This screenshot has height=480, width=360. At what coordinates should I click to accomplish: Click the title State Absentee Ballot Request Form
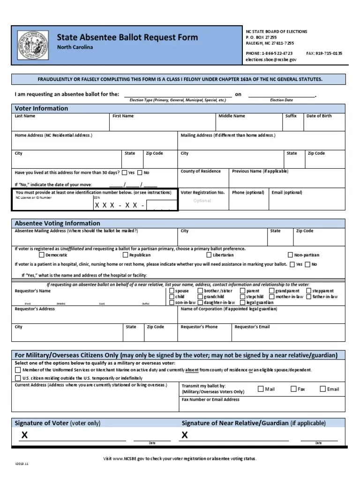coord(127,37)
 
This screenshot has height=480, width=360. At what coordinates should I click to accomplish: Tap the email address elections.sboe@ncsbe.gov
coord(271,60)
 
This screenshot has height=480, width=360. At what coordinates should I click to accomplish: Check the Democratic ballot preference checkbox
coord(42,255)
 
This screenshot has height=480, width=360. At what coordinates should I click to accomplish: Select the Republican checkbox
coord(125,255)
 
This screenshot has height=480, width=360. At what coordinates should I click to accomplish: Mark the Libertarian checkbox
coord(209,255)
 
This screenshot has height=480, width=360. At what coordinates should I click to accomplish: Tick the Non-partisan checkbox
coord(291,255)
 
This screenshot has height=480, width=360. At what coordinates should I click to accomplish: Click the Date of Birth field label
coord(319,116)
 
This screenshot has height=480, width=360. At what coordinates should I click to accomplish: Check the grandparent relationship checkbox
coord(272,291)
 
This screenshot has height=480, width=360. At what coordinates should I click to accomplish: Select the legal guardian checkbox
coord(243,303)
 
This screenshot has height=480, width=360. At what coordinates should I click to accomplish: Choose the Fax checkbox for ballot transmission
coord(294,389)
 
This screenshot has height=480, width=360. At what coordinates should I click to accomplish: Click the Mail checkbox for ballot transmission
coord(261,389)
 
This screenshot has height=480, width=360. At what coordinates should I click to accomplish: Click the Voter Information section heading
coord(41,108)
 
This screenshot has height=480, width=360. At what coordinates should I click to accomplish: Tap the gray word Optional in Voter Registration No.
coord(202,201)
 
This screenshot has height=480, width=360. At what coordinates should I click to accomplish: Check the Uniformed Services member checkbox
coord(18,370)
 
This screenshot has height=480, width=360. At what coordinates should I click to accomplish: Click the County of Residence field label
coord(201,171)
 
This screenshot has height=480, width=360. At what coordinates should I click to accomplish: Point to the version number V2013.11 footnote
coord(22,464)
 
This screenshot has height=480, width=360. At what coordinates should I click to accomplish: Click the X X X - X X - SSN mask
coord(120,205)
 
